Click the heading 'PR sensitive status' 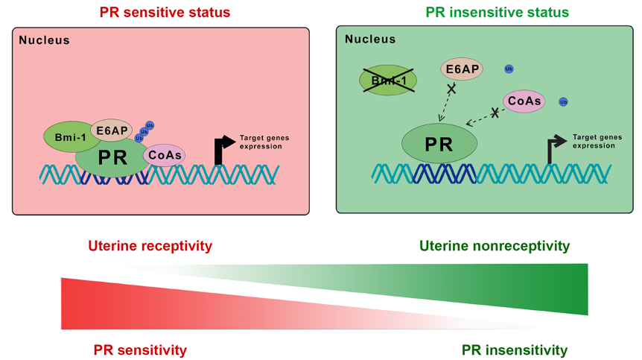coord(165,13)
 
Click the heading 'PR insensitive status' coord(497,13)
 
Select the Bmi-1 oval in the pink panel coord(69,137)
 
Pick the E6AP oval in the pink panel coord(111,130)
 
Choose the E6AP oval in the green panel coord(462,69)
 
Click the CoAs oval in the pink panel coord(164,155)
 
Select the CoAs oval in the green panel coord(524,101)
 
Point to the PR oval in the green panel coord(439,143)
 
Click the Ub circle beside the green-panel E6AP coord(509,69)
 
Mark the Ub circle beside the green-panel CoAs coord(563,101)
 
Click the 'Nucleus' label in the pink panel coord(44,40)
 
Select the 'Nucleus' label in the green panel coord(370,39)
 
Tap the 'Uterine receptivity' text coord(150,246)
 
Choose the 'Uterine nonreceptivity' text coord(495,246)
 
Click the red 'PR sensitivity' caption coord(140,350)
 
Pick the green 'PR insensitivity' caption coord(515,350)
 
